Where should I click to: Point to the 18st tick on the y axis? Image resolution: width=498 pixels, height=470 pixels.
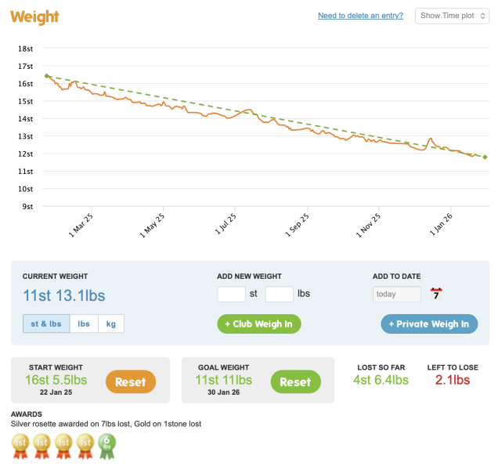click(x=25, y=49)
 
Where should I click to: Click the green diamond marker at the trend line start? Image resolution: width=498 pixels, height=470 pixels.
click(x=47, y=76)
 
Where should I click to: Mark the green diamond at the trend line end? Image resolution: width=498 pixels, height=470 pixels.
click(x=485, y=157)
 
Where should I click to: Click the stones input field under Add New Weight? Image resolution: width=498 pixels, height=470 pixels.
click(x=231, y=295)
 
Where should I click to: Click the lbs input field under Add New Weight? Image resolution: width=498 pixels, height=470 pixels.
click(x=280, y=295)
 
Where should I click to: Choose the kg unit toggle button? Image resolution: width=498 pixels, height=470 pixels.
click(x=110, y=324)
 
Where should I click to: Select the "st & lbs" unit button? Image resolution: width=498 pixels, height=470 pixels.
click(x=46, y=324)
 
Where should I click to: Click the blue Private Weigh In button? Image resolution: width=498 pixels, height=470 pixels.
click(x=429, y=324)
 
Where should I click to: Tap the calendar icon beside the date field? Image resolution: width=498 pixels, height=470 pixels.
click(x=436, y=295)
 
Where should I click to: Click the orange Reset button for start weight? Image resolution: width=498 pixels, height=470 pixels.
click(x=131, y=381)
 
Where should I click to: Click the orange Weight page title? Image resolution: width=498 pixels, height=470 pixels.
click(x=35, y=17)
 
